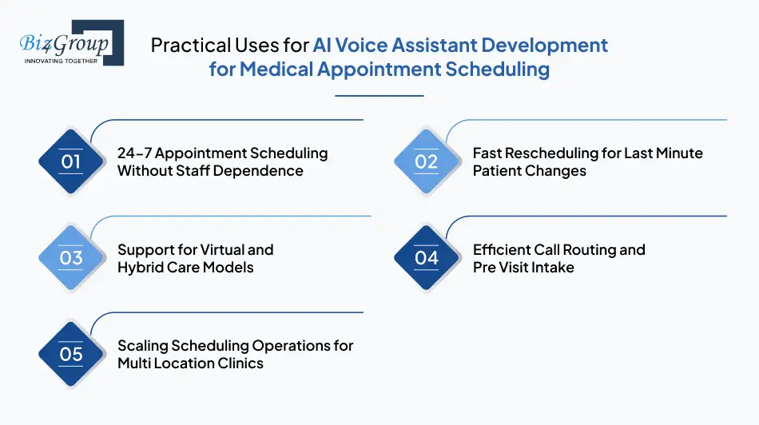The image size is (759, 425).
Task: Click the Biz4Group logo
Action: click(72, 42)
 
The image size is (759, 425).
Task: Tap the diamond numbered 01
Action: click(70, 161)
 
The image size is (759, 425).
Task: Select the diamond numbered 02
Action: click(426, 161)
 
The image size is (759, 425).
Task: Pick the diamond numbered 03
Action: click(70, 257)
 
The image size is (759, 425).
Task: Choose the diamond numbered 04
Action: click(426, 257)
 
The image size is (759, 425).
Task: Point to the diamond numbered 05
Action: click(70, 354)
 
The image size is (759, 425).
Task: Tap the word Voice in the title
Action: click(362, 45)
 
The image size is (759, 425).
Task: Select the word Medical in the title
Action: click(276, 69)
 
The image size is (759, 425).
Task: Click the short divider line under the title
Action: click(379, 96)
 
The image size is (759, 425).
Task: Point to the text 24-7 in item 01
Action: click(134, 153)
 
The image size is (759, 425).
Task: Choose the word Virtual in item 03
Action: click(221, 250)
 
